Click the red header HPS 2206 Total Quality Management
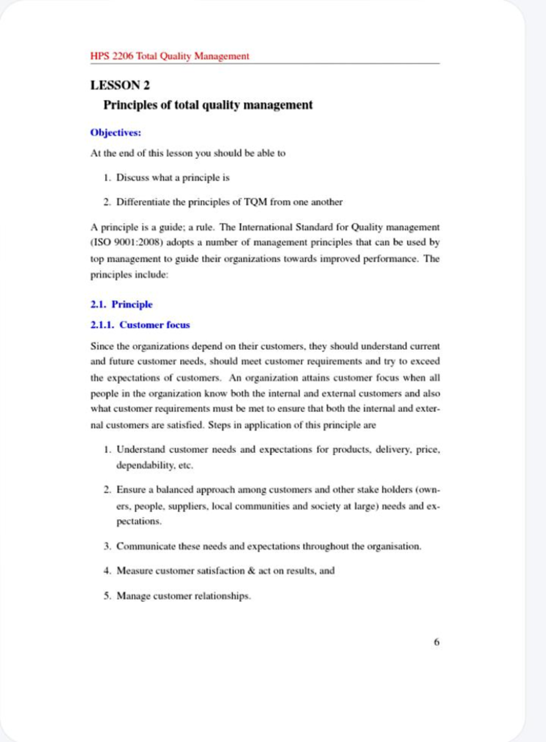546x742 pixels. point(169,56)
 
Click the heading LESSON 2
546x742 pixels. point(120,86)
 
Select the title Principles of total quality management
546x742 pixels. point(208,105)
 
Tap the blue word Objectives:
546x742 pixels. point(116,133)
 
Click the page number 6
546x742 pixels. point(436,642)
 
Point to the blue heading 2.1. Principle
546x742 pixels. point(121,305)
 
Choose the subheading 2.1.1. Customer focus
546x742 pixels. point(140,325)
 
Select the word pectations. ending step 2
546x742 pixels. point(139,522)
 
